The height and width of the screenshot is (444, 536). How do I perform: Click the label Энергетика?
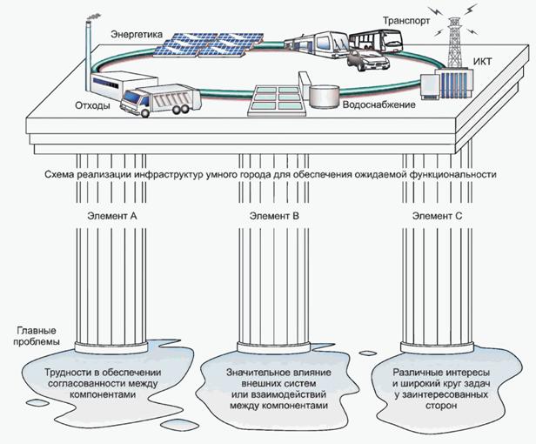coord(137,33)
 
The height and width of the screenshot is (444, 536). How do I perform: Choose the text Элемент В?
coord(273,214)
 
